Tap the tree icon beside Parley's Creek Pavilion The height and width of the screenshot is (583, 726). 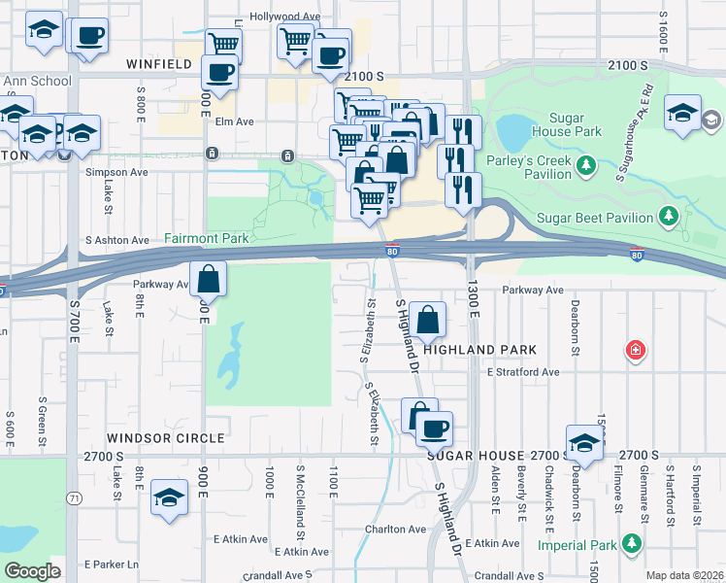(x=586, y=166)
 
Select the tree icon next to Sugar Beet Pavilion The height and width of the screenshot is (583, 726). (x=668, y=215)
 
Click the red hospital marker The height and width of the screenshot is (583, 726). (x=636, y=349)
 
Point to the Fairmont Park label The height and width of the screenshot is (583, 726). (x=207, y=238)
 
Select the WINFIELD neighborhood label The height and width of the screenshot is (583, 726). (x=160, y=65)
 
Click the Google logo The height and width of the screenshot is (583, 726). (x=32, y=571)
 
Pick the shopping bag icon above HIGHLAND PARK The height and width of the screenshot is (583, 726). (x=427, y=319)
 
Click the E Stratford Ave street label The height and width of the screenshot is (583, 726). (x=523, y=372)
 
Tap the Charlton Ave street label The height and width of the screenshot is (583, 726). (x=395, y=530)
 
